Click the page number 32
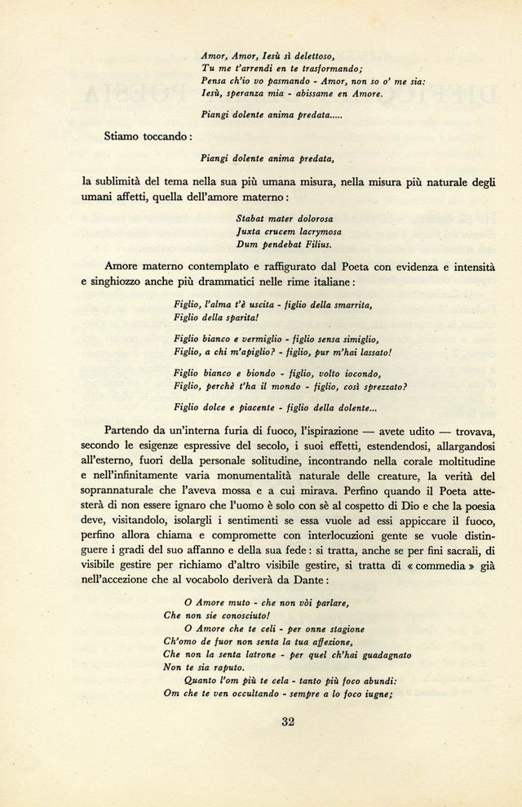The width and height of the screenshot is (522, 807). point(287,721)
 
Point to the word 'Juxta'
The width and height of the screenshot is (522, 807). point(249,231)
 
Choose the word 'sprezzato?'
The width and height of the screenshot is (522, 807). point(378,387)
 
